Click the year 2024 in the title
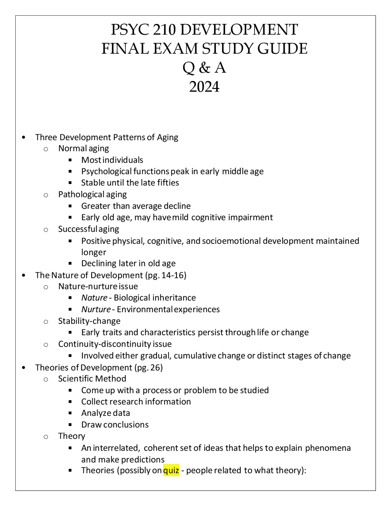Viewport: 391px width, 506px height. point(204,87)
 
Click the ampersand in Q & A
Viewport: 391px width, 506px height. point(204,68)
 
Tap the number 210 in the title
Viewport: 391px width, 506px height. point(164,30)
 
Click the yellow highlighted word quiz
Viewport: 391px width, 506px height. point(171,470)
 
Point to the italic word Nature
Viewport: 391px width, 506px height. point(94,298)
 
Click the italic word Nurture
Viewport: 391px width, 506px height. point(96,309)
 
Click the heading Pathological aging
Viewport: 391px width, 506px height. point(92,194)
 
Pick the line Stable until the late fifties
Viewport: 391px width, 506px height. point(130,183)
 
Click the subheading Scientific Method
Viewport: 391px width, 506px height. point(92,379)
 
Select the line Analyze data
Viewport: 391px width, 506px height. point(105,413)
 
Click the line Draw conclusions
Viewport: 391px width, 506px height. point(115,425)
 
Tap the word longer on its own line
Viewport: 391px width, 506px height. point(93,252)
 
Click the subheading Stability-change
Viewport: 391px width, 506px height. point(89,321)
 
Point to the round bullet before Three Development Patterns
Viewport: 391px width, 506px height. point(24,137)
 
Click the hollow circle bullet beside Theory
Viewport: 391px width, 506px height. point(46,436)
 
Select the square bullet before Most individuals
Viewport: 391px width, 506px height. point(70,160)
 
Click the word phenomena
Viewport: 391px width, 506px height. point(328,448)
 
